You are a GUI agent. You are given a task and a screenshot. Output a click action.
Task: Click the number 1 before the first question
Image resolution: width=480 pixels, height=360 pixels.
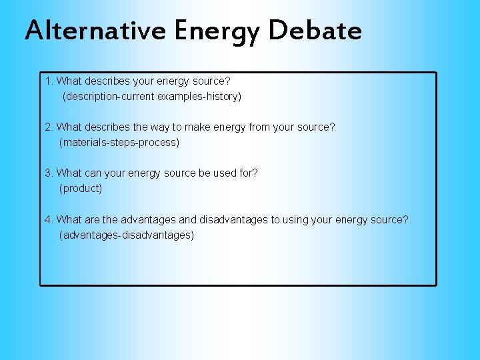pyautogui.click(x=47, y=81)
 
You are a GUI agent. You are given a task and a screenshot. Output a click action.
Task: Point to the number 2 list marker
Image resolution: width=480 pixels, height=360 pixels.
pyautogui.click(x=47, y=127)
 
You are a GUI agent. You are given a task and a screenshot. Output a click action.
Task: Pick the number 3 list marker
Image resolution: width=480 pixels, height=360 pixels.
pyautogui.click(x=47, y=173)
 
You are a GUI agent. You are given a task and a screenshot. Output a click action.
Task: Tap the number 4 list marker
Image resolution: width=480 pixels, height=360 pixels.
pyautogui.click(x=47, y=220)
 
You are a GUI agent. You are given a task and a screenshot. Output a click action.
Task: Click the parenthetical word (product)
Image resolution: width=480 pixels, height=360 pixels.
pyautogui.click(x=81, y=189)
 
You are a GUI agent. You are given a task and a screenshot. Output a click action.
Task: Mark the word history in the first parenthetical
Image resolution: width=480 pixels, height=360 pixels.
pyautogui.click(x=225, y=97)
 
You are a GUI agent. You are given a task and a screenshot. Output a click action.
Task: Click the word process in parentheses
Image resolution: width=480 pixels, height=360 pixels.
pyautogui.click(x=158, y=143)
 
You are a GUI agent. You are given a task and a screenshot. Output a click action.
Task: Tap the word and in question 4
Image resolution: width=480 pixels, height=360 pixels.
pyautogui.click(x=188, y=220)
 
